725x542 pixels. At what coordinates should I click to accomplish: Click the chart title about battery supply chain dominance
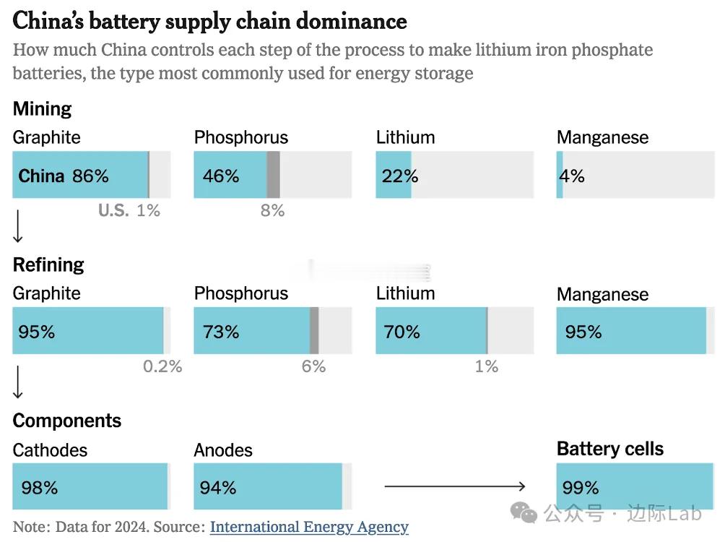click(x=209, y=21)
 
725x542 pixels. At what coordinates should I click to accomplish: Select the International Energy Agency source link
click(x=309, y=527)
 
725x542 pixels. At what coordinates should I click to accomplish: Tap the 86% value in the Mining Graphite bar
click(x=90, y=176)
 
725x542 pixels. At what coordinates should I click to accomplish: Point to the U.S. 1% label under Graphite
click(x=129, y=210)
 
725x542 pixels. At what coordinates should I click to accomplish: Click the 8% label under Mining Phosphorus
click(x=273, y=210)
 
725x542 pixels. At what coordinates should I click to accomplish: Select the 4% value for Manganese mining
click(x=572, y=176)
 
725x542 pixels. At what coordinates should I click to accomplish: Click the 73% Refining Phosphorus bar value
click(x=221, y=332)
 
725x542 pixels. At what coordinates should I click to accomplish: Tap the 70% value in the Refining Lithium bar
click(x=402, y=332)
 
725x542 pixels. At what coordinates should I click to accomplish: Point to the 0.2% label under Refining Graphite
click(x=162, y=366)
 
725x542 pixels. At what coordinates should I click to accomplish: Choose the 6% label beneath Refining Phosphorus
click(x=313, y=366)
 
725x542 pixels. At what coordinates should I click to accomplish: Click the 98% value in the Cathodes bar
click(x=39, y=488)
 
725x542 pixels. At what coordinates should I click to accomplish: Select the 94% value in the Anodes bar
click(x=218, y=488)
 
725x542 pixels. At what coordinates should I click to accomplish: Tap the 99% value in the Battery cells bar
click(x=581, y=488)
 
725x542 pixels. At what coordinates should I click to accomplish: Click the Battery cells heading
click(x=610, y=449)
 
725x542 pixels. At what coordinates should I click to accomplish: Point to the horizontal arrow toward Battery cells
click(x=455, y=486)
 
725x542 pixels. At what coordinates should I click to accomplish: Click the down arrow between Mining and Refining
click(x=18, y=228)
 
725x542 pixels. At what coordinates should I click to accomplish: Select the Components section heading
click(x=67, y=421)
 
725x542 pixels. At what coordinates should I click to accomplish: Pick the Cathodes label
click(x=50, y=450)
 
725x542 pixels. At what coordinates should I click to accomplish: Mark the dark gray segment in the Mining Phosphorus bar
click(x=273, y=175)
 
